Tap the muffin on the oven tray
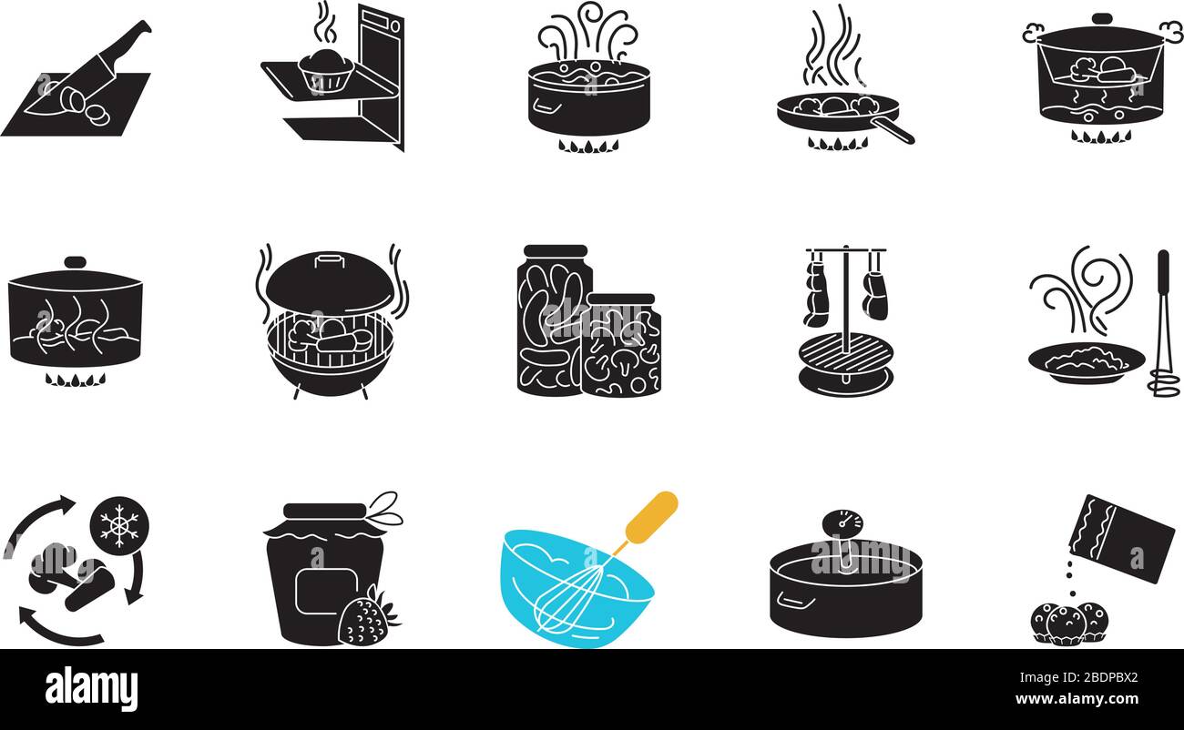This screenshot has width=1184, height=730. point(325,69)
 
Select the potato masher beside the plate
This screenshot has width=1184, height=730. point(1163,328)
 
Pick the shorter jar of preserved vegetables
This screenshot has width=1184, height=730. point(621,346)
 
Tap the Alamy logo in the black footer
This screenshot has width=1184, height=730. point(91,689)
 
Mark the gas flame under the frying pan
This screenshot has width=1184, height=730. point(837,145)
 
